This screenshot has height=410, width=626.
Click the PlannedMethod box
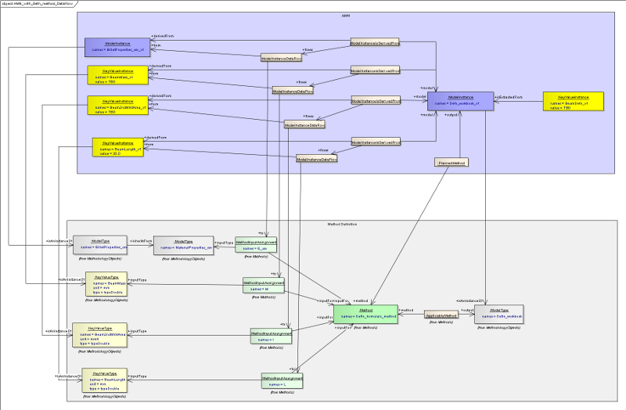pos(451,163)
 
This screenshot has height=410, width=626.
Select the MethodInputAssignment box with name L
pos(282,381)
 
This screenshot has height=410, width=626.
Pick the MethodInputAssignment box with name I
pos(271,336)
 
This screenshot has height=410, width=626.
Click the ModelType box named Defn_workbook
pos(495,315)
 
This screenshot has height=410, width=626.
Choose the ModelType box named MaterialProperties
pos(182,245)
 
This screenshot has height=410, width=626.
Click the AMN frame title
pos(346,16)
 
